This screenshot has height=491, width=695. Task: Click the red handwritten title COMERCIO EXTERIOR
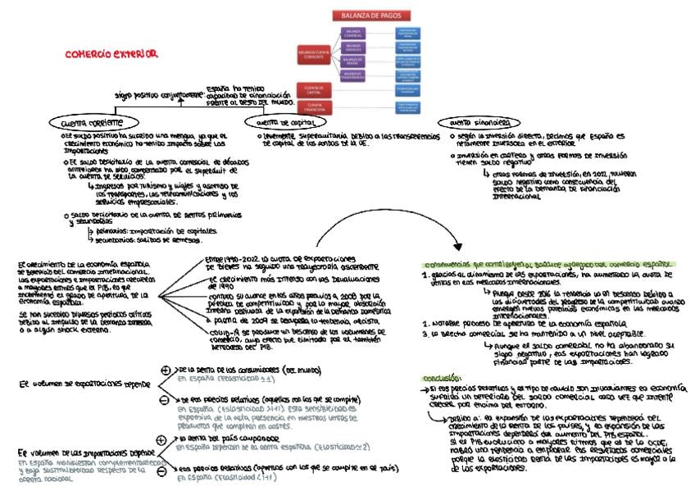coord(111,54)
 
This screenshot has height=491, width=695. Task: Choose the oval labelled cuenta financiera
coord(475,122)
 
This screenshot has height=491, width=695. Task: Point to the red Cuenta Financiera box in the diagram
coord(315,106)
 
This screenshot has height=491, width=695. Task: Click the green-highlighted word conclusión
coord(441,377)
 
